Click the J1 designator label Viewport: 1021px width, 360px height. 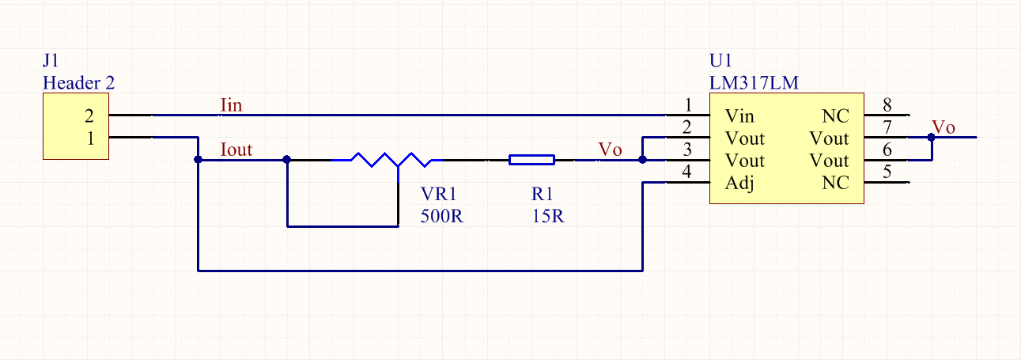point(51,60)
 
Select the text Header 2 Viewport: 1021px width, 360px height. point(78,83)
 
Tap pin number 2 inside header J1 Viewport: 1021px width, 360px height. point(89,116)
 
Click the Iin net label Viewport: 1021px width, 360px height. point(231,105)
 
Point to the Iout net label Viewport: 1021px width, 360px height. point(236,150)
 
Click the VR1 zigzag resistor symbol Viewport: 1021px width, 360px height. point(387,160)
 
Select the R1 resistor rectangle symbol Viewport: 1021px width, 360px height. point(531,160)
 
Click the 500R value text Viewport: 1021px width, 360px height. point(441,216)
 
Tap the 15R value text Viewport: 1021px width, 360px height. point(548,216)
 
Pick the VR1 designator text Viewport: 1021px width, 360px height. point(438,195)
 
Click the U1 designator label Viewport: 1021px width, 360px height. point(720,60)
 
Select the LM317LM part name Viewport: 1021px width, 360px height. point(754,83)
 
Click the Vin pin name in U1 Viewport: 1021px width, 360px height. point(739,116)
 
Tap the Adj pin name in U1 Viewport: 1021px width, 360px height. point(739,184)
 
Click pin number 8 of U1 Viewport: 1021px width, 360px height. point(887,105)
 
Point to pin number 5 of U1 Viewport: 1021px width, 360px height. point(887,172)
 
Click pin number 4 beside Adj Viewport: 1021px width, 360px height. point(686,172)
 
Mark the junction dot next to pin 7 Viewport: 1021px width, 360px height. point(931,138)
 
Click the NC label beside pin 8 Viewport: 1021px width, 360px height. point(835,116)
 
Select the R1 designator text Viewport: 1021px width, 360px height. point(542,195)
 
